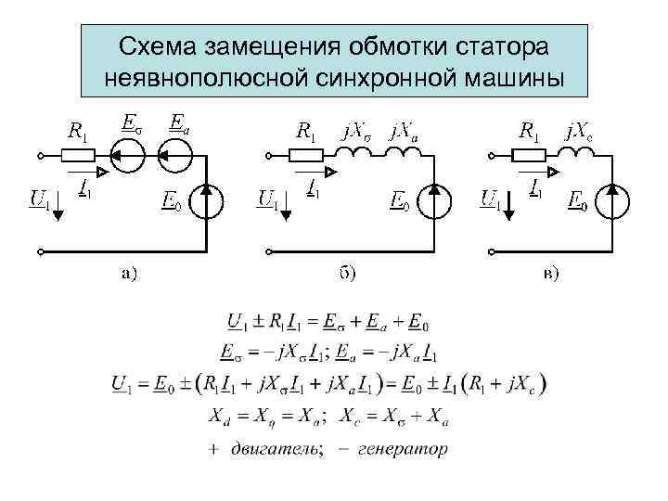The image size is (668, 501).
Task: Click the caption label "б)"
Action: pyautogui.click(x=345, y=273)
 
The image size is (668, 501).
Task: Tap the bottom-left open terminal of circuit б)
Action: pyautogui.click(x=268, y=250)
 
